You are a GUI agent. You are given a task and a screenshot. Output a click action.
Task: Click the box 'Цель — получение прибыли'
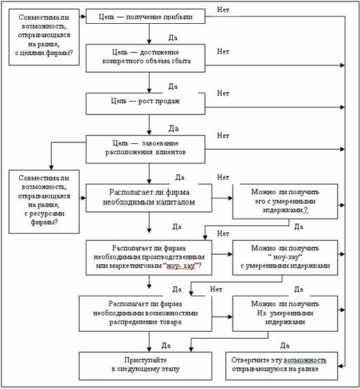tap(146, 16)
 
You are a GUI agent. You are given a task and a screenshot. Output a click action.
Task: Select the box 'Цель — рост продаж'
tap(146, 104)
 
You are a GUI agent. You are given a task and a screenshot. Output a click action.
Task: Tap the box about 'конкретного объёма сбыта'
tap(146, 59)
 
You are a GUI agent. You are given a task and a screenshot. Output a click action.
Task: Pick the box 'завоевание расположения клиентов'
tap(146, 149)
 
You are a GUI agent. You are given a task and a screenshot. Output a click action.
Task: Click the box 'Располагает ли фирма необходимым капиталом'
tap(149, 198)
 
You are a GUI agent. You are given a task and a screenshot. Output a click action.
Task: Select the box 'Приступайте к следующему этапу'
tap(146, 366)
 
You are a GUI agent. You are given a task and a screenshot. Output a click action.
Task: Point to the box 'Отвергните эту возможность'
tap(282, 366)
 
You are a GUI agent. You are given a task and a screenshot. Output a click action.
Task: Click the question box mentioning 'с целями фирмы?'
tap(44, 37)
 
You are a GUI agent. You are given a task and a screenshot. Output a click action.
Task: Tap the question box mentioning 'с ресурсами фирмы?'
tap(44, 202)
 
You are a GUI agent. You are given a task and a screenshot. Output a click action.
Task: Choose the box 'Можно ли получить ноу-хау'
tap(285, 258)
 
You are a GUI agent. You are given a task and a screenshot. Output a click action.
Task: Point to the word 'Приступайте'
tap(146, 360)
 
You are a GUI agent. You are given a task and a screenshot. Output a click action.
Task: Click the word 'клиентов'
tap(171, 152)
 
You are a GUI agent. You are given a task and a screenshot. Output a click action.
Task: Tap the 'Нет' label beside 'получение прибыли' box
tap(223, 10)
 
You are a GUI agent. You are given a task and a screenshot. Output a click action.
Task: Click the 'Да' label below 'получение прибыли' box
tap(173, 37)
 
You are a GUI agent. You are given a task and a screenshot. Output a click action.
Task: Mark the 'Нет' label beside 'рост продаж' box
tap(223, 93)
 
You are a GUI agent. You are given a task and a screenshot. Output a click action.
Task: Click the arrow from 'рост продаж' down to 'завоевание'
tap(149, 125)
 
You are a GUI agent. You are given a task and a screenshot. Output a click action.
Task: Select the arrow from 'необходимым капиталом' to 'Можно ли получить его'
tap(223, 198)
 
